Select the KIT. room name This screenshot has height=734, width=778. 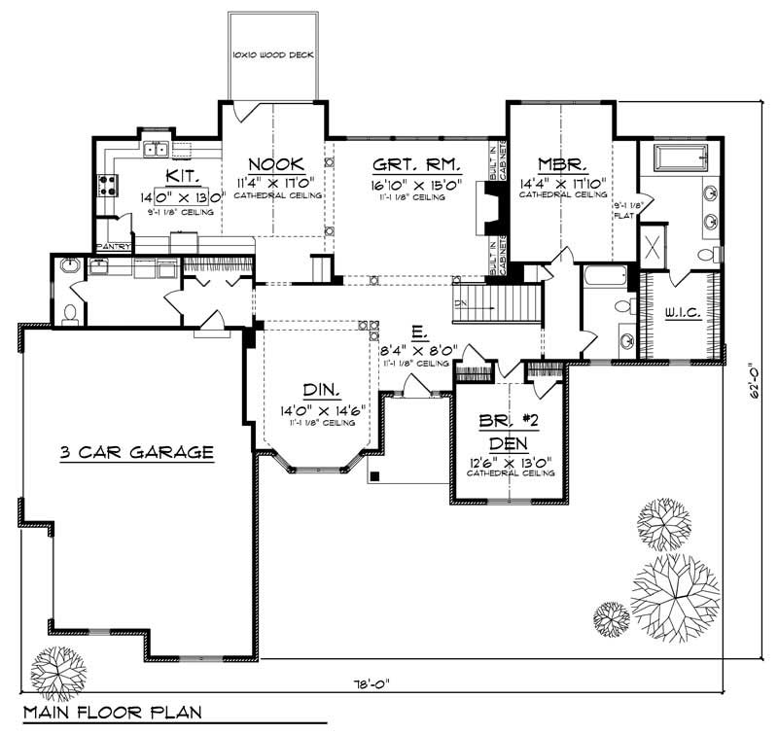[x=182, y=176]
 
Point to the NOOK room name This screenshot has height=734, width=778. [x=276, y=163]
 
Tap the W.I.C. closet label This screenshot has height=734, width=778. [x=683, y=313]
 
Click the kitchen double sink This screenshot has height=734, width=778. [x=156, y=149]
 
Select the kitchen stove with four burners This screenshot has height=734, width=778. [x=105, y=185]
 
